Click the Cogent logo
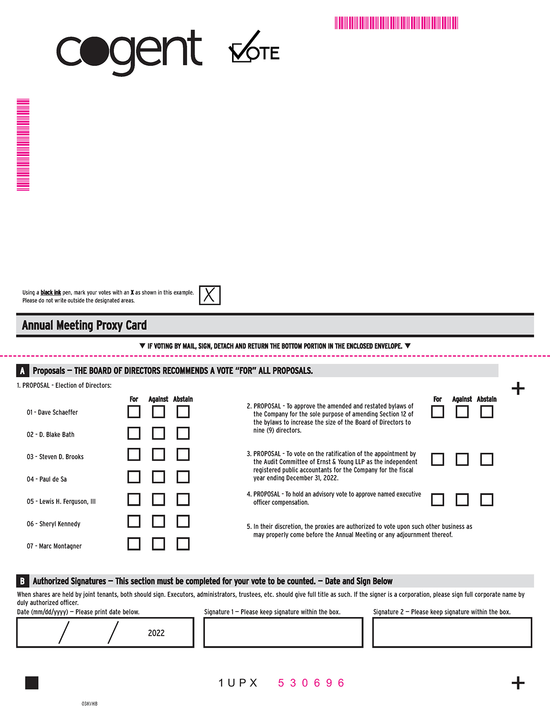coord(129,52)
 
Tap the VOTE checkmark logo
coord(254,47)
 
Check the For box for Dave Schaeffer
coord(134,412)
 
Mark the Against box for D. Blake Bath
coord(158,433)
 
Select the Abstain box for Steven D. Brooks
coord(183,454)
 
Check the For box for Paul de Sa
coord(134,477)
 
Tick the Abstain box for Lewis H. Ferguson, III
coord(183,499)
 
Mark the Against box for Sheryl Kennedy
coord(158,521)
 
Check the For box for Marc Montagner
coord(134,544)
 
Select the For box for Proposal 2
coord(437,412)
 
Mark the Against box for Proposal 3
coord(462,459)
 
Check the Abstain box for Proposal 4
coord(487,500)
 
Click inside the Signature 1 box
coord(283,633)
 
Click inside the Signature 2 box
coord(452,633)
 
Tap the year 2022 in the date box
coord(156,633)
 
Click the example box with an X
coord(210,295)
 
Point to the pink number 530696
coord(311,683)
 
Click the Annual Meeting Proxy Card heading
coord(85,325)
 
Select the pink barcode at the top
coord(396,23)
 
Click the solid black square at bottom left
coord(32,683)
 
